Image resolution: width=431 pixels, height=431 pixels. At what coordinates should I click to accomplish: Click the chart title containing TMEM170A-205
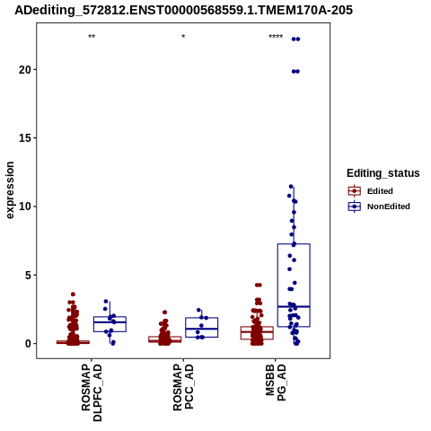tap(183, 11)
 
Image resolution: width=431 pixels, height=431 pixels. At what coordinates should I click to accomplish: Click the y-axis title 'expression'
tap(10, 190)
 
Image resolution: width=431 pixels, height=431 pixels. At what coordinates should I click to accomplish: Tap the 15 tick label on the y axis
tap(25, 138)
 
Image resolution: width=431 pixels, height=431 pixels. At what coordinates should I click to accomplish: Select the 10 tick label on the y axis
tap(25, 207)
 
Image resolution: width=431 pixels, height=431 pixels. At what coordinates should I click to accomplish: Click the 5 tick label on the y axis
tap(28, 275)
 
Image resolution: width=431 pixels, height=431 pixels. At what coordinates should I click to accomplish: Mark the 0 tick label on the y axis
tap(28, 344)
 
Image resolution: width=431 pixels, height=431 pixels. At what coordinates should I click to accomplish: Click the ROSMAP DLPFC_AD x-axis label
tap(92, 392)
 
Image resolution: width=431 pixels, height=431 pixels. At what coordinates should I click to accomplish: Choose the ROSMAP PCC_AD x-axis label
tap(183, 386)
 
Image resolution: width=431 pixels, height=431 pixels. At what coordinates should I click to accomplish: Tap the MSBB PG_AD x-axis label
tap(276, 383)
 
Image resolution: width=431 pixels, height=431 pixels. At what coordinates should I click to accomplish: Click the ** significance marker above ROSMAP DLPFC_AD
tap(92, 37)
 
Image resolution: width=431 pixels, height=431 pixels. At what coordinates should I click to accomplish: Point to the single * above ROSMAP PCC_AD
tap(183, 37)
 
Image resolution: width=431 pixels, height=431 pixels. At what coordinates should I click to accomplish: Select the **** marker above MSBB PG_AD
tap(276, 37)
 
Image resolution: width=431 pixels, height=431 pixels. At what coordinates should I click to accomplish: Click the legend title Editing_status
tap(383, 173)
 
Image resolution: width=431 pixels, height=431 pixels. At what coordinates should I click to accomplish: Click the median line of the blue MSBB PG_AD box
tap(294, 306)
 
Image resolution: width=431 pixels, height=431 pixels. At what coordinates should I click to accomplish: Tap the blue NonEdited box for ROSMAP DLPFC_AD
tap(110, 317)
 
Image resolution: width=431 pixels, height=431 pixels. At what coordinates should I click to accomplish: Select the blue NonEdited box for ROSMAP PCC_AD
tap(201, 318)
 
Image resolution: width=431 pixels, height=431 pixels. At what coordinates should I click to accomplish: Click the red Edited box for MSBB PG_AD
tap(257, 327)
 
